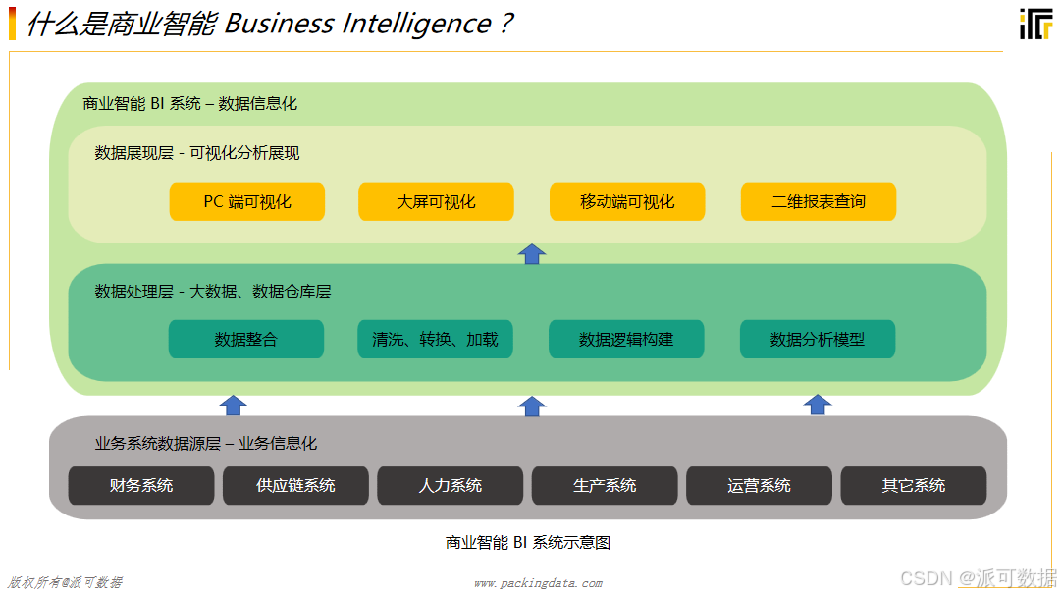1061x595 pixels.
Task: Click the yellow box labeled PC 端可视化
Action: (x=247, y=201)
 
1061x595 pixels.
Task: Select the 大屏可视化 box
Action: (x=436, y=201)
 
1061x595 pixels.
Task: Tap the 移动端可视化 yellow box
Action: (x=627, y=201)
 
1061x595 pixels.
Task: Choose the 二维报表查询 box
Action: (x=819, y=201)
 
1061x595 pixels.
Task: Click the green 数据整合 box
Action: (x=246, y=340)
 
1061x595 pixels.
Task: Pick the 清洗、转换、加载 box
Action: (x=435, y=340)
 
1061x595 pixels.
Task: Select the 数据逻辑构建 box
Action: (x=626, y=340)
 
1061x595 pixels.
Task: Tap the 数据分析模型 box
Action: (x=818, y=340)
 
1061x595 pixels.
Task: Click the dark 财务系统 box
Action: (x=141, y=485)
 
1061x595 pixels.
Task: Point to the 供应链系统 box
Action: (x=295, y=485)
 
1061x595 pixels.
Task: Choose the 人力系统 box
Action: (x=451, y=485)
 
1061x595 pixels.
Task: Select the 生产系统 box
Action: (x=605, y=485)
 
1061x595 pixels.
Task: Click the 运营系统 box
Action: (x=759, y=485)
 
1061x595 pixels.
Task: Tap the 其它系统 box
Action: (x=914, y=485)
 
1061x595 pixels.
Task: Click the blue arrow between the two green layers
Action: (x=532, y=253)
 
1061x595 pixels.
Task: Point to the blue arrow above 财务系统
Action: (x=234, y=405)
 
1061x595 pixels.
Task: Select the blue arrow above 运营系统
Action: (x=818, y=405)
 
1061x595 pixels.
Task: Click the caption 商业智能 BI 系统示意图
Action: (x=528, y=542)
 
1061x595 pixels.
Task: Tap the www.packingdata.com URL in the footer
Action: (x=538, y=583)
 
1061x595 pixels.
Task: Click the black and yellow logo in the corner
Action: (x=1034, y=25)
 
